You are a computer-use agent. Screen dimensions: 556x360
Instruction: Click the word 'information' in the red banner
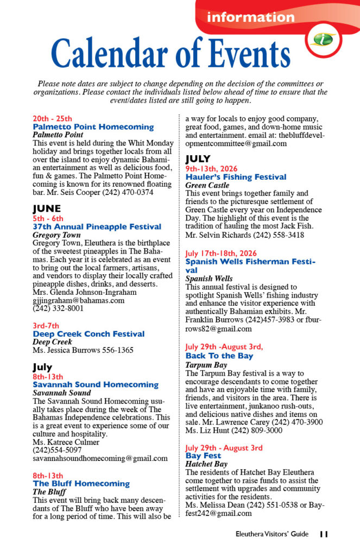click(x=250, y=17)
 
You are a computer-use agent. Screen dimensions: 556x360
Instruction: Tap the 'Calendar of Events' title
click(x=170, y=54)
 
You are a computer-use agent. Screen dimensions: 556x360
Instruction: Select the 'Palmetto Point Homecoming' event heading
click(x=93, y=127)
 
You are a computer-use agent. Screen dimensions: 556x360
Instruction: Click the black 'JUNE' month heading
click(x=47, y=208)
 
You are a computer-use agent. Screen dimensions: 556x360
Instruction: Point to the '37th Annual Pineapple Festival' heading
click(x=97, y=226)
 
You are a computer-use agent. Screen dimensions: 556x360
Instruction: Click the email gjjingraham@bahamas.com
click(x=78, y=300)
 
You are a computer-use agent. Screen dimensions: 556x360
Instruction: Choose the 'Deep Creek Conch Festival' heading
click(x=89, y=334)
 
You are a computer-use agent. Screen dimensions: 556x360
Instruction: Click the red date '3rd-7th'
click(x=46, y=325)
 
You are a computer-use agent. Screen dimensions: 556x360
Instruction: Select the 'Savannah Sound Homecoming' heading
click(x=96, y=384)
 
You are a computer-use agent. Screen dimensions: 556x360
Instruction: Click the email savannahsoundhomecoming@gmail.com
click(x=100, y=458)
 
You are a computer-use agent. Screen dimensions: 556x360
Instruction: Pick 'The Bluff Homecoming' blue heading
click(x=81, y=483)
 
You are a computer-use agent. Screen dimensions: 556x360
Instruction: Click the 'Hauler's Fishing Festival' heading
click(x=236, y=177)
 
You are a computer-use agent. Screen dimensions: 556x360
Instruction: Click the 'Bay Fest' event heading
click(x=203, y=456)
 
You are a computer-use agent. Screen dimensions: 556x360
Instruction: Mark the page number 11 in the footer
click(x=324, y=534)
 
